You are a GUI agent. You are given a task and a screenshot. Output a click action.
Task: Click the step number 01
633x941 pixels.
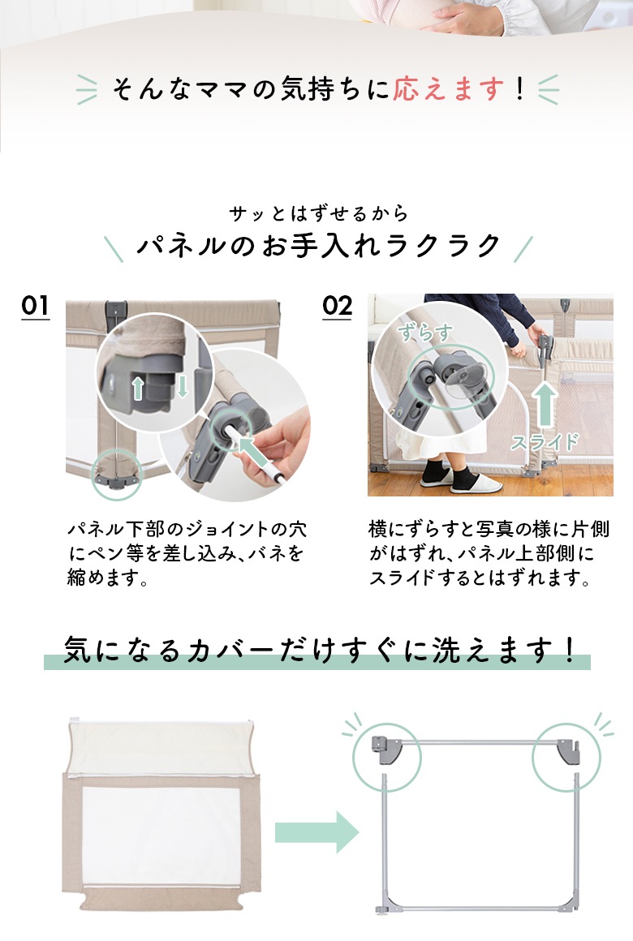pos(36,306)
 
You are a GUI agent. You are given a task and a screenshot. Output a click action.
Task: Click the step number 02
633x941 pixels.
pos(337,306)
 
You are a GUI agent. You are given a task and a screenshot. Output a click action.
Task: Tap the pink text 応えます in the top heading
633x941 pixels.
pos(449,88)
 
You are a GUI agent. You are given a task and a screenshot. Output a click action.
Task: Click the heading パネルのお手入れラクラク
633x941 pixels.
pos(319,246)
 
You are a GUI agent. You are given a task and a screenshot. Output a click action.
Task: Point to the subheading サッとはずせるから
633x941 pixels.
pos(319,213)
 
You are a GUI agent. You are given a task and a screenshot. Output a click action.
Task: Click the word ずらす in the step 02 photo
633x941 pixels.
pos(424,332)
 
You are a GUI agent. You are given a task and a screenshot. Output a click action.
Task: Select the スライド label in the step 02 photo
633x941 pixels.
pos(544,442)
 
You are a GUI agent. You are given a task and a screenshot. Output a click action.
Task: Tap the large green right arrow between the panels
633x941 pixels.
pos(316,832)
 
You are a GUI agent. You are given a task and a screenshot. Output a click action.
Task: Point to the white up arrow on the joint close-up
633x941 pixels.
pos(137,388)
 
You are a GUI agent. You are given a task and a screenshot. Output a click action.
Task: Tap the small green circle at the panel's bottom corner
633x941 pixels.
pos(117,474)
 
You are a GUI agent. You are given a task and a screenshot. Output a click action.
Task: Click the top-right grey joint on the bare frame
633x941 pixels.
pos(568,751)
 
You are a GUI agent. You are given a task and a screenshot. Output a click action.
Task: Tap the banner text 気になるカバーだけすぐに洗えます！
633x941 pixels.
pos(319,651)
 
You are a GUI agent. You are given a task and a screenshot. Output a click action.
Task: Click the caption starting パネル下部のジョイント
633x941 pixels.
pos(187,553)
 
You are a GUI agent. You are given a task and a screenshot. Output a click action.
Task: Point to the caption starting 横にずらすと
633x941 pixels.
pos(489,553)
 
